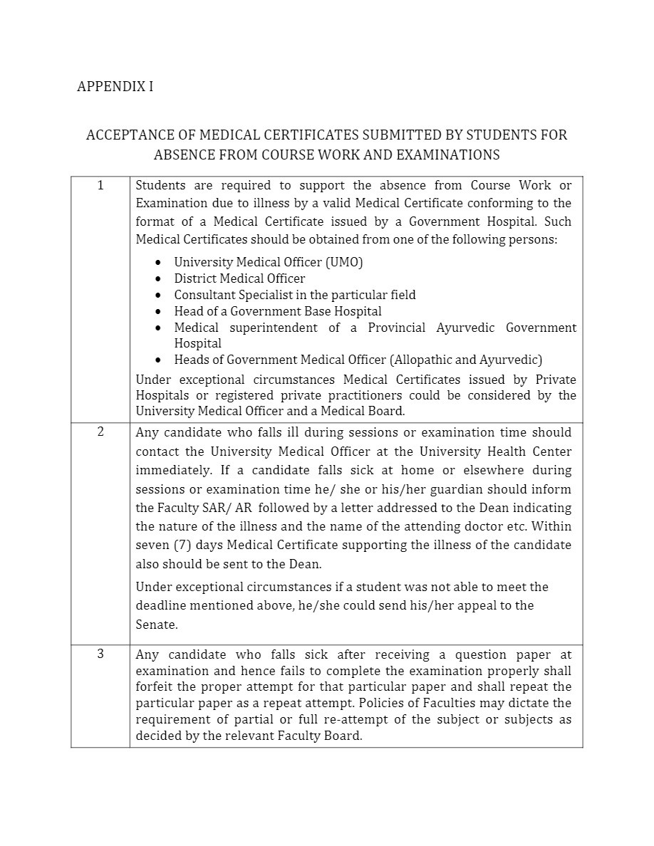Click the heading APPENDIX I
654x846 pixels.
(115, 87)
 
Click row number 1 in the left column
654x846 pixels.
(100, 185)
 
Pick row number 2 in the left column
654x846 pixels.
(100, 432)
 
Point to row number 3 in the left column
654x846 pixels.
(100, 654)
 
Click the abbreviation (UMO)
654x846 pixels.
(345, 262)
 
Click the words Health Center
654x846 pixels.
(529, 451)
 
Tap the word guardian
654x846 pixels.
(455, 489)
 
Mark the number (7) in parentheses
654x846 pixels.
(180, 545)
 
